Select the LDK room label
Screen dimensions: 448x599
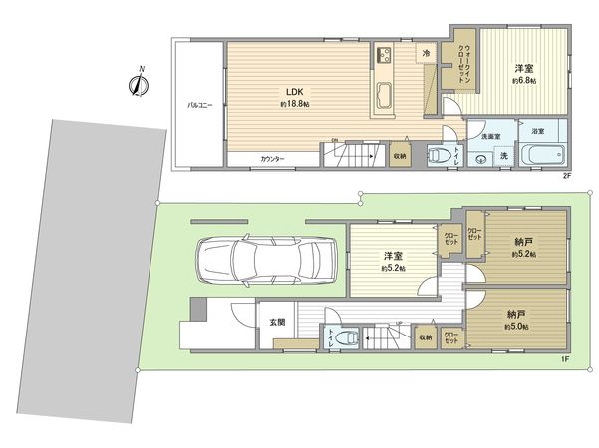tap(294, 92)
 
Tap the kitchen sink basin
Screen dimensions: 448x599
tap(386, 97)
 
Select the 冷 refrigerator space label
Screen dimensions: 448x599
tap(426, 53)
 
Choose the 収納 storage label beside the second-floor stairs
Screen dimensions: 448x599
tap(400, 156)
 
